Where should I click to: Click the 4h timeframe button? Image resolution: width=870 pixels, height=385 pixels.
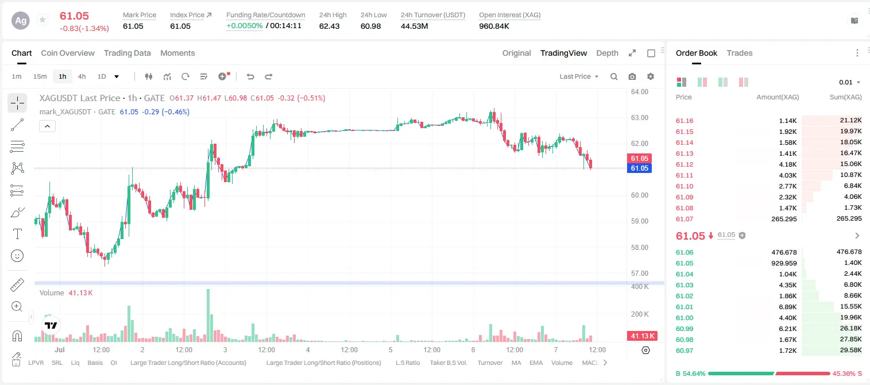pyautogui.click(x=82, y=76)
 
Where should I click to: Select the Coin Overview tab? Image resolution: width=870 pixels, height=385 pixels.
pyautogui.click(x=68, y=53)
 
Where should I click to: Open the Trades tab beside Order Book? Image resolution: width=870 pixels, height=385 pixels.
pyautogui.click(x=739, y=53)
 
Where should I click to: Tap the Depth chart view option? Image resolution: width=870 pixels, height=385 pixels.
pyautogui.click(x=607, y=53)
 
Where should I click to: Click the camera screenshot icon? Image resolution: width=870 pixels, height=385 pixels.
pyautogui.click(x=632, y=76)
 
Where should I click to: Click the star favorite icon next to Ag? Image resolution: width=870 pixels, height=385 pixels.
pyautogui.click(x=42, y=20)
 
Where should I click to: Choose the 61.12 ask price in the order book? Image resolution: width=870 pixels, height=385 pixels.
pyautogui.click(x=685, y=164)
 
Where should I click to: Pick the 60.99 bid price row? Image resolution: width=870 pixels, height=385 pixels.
pyautogui.click(x=685, y=329)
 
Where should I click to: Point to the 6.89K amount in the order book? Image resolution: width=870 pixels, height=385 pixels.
pyautogui.click(x=788, y=307)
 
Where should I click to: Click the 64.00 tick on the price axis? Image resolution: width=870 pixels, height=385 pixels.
pyautogui.click(x=639, y=92)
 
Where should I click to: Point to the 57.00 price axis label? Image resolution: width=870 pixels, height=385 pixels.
pyautogui.click(x=639, y=273)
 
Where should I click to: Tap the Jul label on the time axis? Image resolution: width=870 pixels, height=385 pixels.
pyautogui.click(x=59, y=349)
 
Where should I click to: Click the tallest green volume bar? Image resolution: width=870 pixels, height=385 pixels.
pyautogui.click(x=208, y=315)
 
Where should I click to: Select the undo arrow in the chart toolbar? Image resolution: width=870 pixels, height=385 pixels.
pyautogui.click(x=250, y=76)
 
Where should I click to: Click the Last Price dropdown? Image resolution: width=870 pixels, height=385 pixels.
pyautogui.click(x=579, y=76)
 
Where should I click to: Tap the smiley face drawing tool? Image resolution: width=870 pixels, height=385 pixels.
pyautogui.click(x=17, y=256)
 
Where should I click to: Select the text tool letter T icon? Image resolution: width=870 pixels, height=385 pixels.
pyautogui.click(x=17, y=234)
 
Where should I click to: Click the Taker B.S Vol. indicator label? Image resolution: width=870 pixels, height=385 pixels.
pyautogui.click(x=448, y=363)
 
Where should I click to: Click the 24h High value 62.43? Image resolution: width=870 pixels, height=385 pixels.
pyautogui.click(x=329, y=26)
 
